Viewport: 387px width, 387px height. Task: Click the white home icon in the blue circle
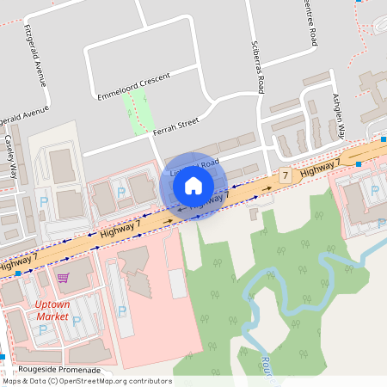tap(193, 185)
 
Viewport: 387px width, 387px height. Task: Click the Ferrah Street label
tap(175, 126)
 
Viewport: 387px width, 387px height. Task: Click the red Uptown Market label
tap(52, 310)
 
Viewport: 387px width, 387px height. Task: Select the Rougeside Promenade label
tap(51, 370)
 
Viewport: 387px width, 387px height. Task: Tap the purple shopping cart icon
tap(62, 278)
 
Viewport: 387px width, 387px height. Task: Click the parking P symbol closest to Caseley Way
tap(43, 204)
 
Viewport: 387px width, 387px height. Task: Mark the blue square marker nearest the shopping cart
tap(18, 273)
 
